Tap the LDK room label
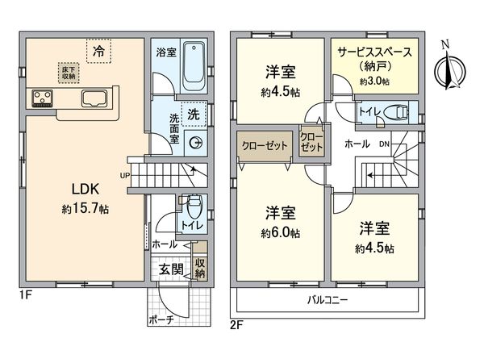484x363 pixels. tap(85, 189)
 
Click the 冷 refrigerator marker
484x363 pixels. tap(98, 51)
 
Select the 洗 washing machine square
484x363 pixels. tap(194, 115)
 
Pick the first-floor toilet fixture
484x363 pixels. tap(193, 209)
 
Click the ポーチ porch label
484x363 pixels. tap(161, 319)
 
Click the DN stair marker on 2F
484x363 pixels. tap(385, 144)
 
